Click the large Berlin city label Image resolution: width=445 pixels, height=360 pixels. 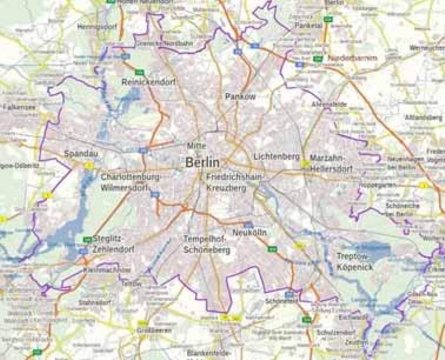202,163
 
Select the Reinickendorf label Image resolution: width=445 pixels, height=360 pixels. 148,82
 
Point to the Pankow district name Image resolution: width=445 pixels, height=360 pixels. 240,96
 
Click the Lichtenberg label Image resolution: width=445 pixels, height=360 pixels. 277,157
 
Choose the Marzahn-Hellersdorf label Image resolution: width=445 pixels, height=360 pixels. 331,164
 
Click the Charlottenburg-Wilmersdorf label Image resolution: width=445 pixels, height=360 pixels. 130,182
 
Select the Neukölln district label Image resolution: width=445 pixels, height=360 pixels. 249,233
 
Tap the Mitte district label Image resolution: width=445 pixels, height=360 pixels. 197,145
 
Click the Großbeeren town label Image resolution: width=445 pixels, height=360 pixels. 154,330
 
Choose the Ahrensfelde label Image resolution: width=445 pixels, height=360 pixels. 329,104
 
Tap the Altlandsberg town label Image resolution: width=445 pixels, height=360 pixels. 423,118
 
